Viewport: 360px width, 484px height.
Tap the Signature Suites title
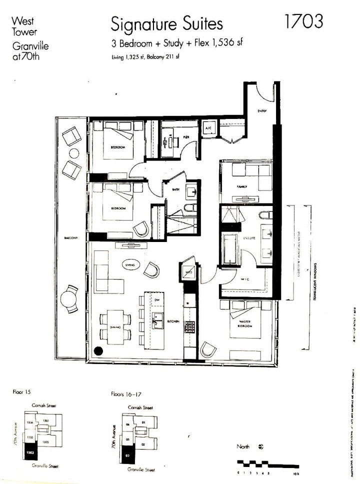pyautogui.click(x=167, y=24)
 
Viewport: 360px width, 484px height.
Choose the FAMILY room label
pyautogui.click(x=242, y=186)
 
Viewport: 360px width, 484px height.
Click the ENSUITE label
pyautogui.click(x=249, y=238)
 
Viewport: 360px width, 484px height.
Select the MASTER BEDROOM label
pyautogui.click(x=245, y=323)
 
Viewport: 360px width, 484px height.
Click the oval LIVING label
pyautogui.click(x=130, y=265)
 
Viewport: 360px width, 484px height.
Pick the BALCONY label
pyautogui.click(x=70, y=238)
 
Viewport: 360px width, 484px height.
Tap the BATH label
pyautogui.click(x=175, y=189)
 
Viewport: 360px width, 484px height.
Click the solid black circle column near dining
pyautogui.click(x=98, y=351)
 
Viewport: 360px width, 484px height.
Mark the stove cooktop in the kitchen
pyautogui.click(x=190, y=326)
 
